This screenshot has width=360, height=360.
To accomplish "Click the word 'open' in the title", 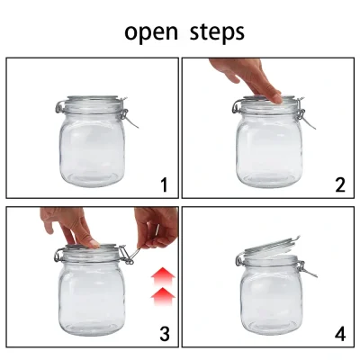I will [151, 32].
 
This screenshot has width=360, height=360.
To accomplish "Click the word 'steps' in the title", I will [217, 32].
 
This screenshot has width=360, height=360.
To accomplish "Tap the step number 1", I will [164, 185].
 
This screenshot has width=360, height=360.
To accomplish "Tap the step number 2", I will [339, 185].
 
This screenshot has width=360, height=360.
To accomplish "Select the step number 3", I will [164, 334].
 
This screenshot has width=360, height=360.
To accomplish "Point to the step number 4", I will [339, 334].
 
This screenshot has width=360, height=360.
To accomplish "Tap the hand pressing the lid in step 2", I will [247, 79].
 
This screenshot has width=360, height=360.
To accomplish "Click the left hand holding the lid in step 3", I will [68, 225].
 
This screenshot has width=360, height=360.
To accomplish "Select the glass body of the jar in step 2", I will [268, 148].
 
